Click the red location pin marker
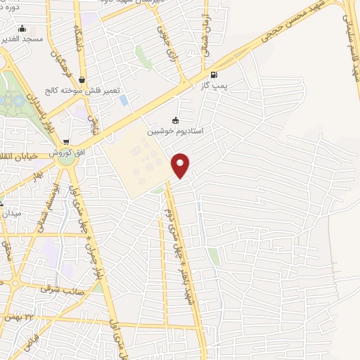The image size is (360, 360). pyautogui.click(x=181, y=165)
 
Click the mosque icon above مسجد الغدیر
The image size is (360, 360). pyautogui.click(x=23, y=29)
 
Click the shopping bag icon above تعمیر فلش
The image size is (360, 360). pyautogui.click(x=83, y=80)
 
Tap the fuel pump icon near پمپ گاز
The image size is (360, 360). pyautogui.click(x=214, y=74)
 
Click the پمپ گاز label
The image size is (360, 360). pyautogui.click(x=214, y=85)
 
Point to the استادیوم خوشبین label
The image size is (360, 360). pyautogui.click(x=174, y=131)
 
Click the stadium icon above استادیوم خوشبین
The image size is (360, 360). pyautogui.click(x=176, y=120)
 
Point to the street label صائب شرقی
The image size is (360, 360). pyautogui.click(x=63, y=288)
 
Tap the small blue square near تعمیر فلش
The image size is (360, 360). pyautogui.click(x=124, y=100)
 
